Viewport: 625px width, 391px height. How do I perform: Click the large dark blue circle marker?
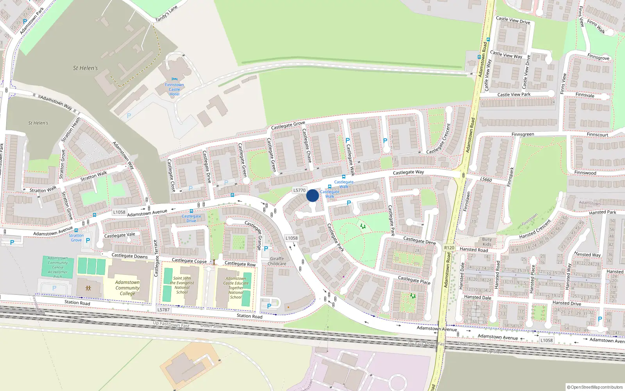tap(312, 195)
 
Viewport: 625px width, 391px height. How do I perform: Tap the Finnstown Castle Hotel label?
tap(174, 90)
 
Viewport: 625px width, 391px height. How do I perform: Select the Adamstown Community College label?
tap(127, 288)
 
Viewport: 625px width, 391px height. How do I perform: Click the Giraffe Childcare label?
tap(277, 261)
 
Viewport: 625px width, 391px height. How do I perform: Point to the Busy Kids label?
tap(487, 242)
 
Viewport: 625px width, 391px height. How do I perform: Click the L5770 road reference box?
tap(299, 190)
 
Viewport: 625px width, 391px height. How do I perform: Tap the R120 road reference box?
tap(449, 248)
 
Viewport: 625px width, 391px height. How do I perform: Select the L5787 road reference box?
tap(163, 310)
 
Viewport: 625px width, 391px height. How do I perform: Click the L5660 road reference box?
tap(486, 179)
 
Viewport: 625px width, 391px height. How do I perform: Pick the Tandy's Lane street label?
tap(166, 14)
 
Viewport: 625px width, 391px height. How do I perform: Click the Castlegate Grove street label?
tap(288, 125)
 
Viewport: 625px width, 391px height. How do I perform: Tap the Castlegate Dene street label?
tap(419, 240)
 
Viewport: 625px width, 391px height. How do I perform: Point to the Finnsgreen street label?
tap(523, 135)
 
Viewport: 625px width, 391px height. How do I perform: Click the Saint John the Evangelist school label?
tap(182, 285)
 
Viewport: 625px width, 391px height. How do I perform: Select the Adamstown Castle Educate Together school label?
tap(236, 288)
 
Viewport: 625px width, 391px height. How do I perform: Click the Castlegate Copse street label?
tap(189, 260)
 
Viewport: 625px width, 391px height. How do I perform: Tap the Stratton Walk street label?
tap(94, 176)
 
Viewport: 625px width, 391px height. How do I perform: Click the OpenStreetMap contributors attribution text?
tap(595, 387)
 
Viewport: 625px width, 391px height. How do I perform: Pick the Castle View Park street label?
tap(514, 95)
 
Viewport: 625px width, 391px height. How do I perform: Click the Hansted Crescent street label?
tap(535, 230)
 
